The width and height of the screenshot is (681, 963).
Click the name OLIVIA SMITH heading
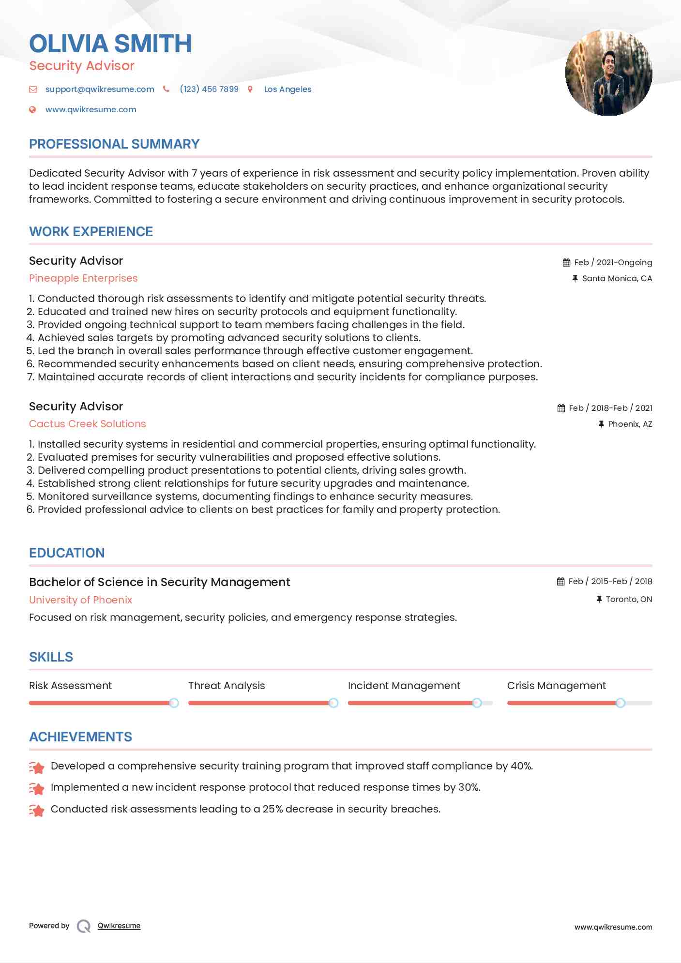[x=110, y=44]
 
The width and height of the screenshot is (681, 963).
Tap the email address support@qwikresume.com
[x=100, y=89]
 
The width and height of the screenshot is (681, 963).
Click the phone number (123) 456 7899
[x=209, y=89]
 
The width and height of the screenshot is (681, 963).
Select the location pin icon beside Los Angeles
[x=250, y=89]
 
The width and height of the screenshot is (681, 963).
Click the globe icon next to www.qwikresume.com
[x=32, y=109]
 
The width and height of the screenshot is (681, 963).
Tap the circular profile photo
[x=608, y=73]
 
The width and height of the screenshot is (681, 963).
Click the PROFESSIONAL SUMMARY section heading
[x=114, y=144]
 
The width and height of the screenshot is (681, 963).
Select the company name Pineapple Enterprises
[x=83, y=278]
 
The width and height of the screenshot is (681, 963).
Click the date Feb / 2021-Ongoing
[x=613, y=262]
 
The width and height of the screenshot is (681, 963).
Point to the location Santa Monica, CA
[x=617, y=278]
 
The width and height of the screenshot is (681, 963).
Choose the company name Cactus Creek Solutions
[x=87, y=424]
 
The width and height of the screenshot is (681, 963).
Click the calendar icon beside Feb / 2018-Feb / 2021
[x=561, y=408]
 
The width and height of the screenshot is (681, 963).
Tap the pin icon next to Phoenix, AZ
[x=601, y=424]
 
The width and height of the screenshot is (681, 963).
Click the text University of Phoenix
[x=80, y=600]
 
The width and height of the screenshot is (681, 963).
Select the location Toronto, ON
[x=629, y=599]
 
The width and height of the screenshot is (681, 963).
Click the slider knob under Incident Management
[x=477, y=703]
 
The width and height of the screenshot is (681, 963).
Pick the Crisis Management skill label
[x=556, y=686]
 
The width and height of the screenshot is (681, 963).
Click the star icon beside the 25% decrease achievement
[x=37, y=810]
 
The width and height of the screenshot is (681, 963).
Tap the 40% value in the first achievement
[x=521, y=766]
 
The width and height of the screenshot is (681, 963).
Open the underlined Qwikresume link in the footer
[x=119, y=926]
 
